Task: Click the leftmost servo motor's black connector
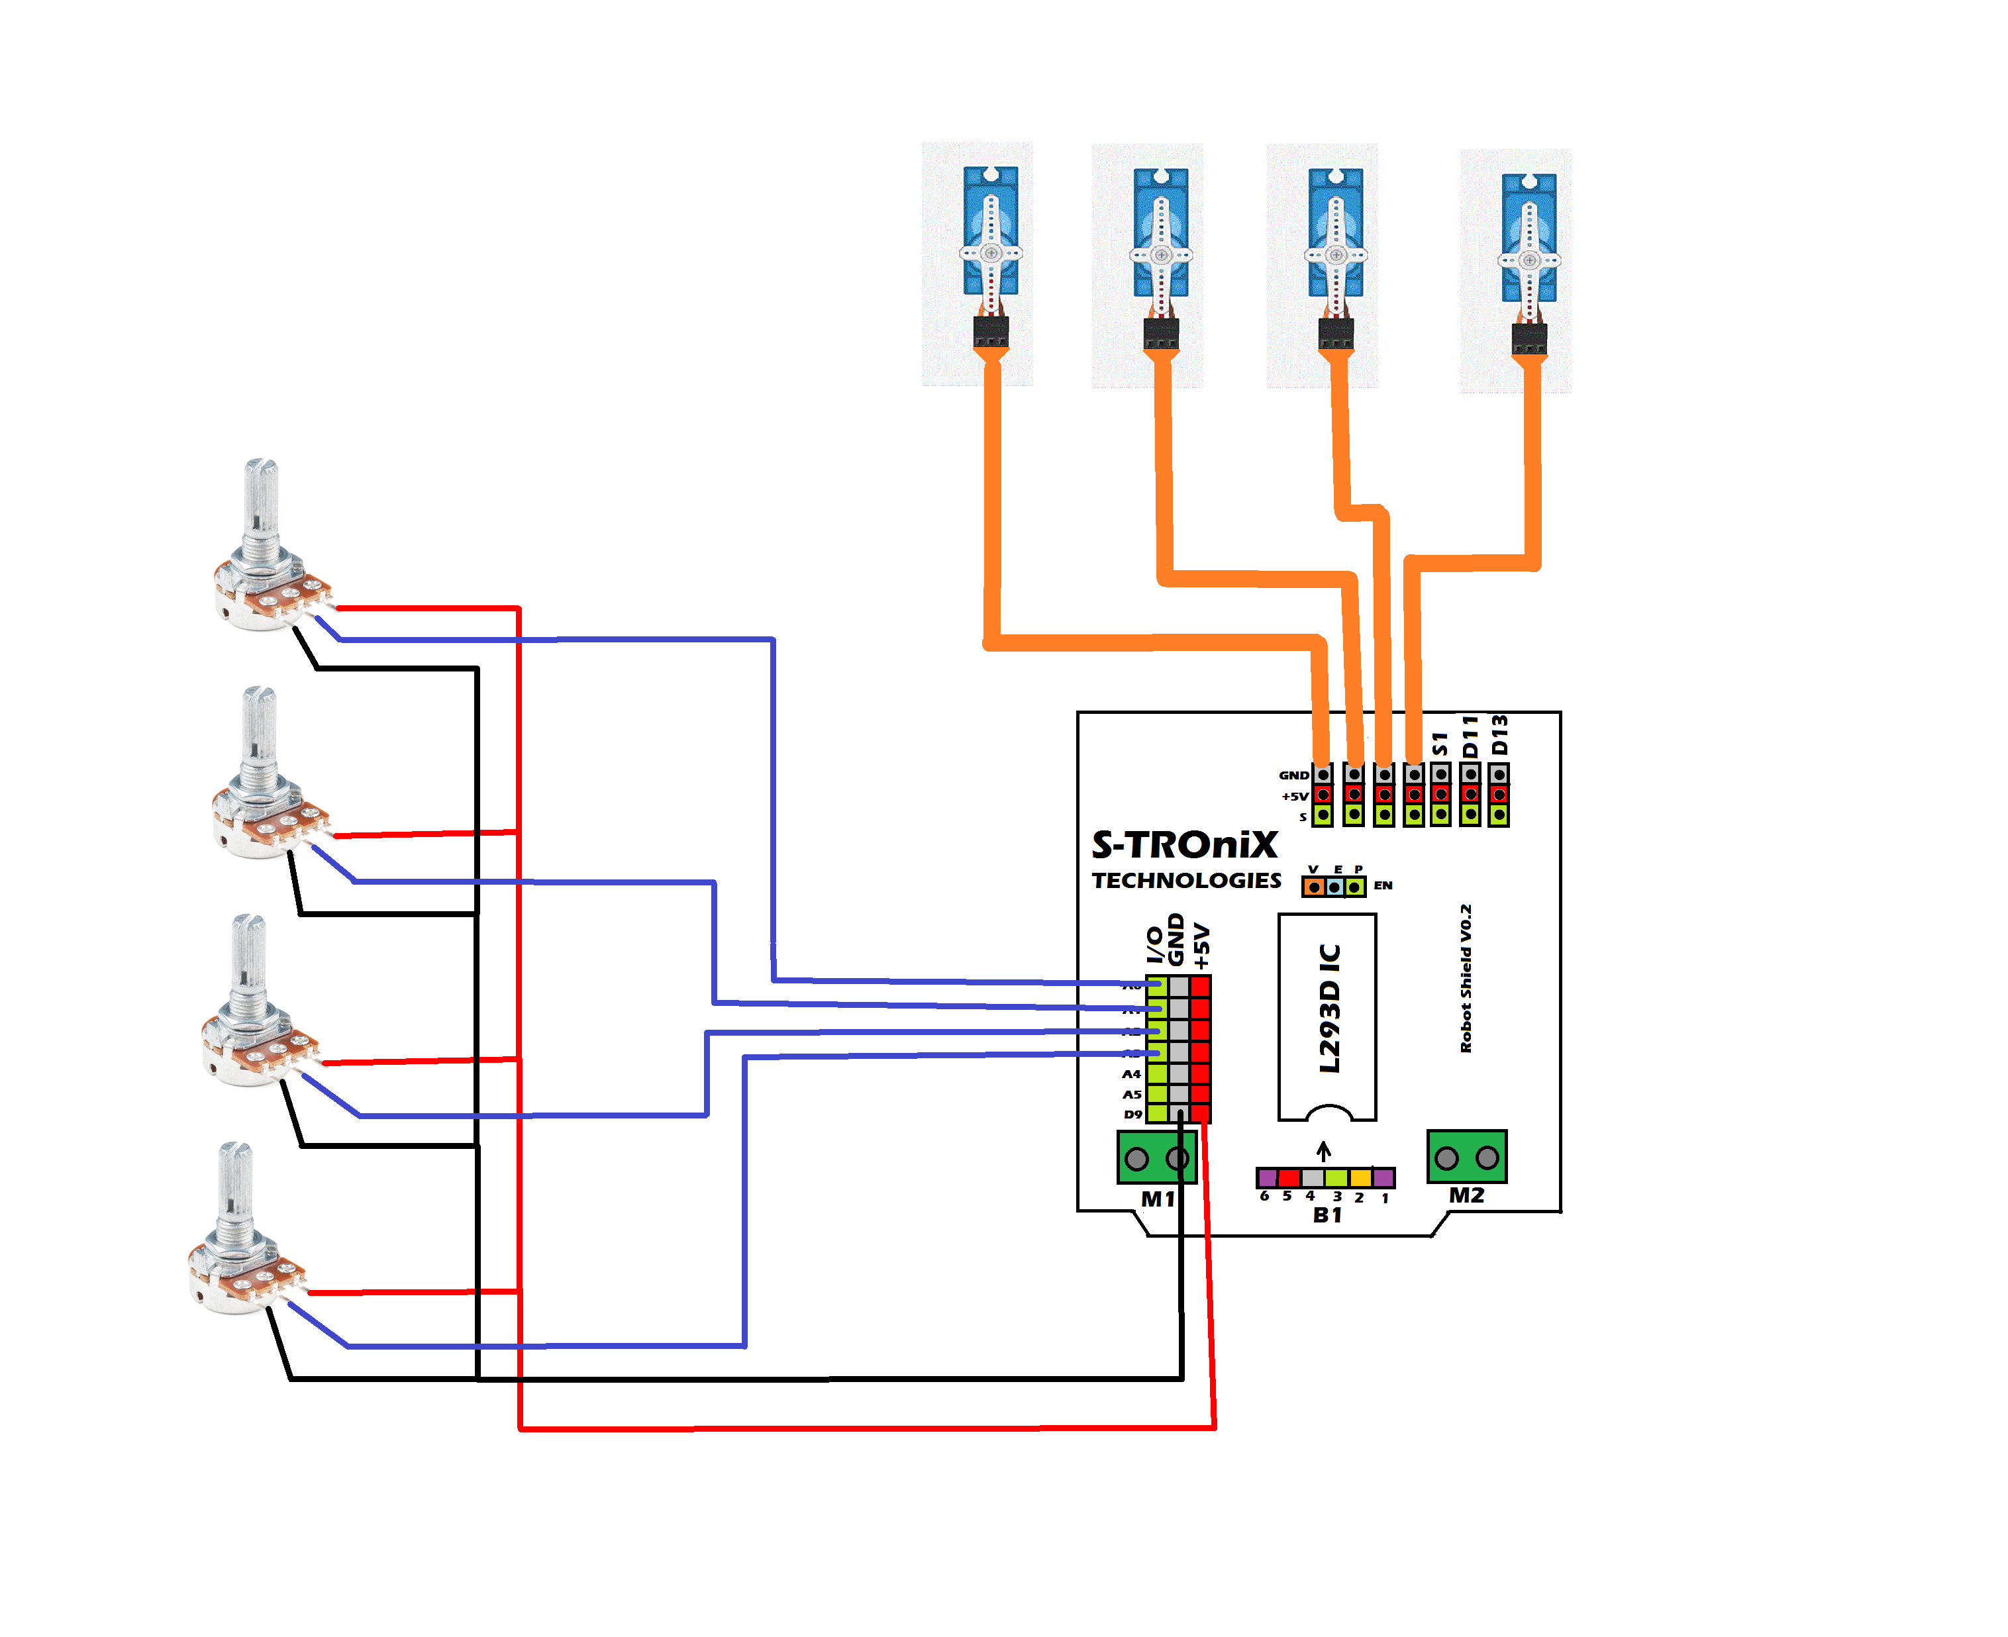(x=990, y=332)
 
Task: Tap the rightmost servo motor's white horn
(x=1529, y=260)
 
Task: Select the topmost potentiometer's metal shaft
(x=261, y=500)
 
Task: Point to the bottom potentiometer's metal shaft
(x=235, y=1183)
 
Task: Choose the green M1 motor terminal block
(x=1156, y=1157)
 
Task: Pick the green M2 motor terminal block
(x=1467, y=1156)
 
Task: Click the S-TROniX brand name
(x=1185, y=845)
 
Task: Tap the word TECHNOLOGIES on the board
(x=1187, y=881)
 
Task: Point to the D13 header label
(x=1499, y=736)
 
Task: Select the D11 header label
(x=1470, y=736)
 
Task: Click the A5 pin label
(x=1132, y=1095)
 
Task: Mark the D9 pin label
(x=1132, y=1115)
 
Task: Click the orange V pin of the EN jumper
(x=1314, y=887)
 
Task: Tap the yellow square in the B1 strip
(x=1360, y=1178)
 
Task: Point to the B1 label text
(x=1327, y=1215)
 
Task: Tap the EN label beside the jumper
(x=1383, y=885)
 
